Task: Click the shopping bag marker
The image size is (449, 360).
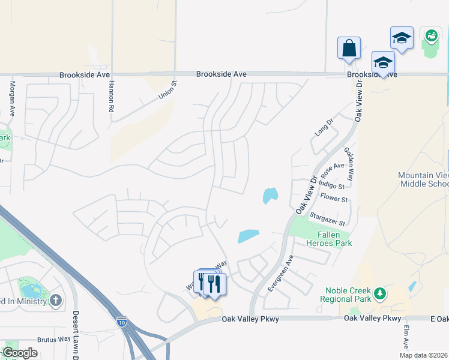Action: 349,48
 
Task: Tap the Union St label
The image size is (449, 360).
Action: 167,91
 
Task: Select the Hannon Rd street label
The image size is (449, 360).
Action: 111,97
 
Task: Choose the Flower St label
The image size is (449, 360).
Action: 334,199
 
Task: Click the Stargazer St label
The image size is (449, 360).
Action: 328,218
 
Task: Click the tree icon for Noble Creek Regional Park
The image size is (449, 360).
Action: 379,294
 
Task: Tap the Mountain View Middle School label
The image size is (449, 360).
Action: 424,179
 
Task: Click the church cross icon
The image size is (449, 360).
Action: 56,300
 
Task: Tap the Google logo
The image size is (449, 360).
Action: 20,353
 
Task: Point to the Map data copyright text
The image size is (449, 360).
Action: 424,355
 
